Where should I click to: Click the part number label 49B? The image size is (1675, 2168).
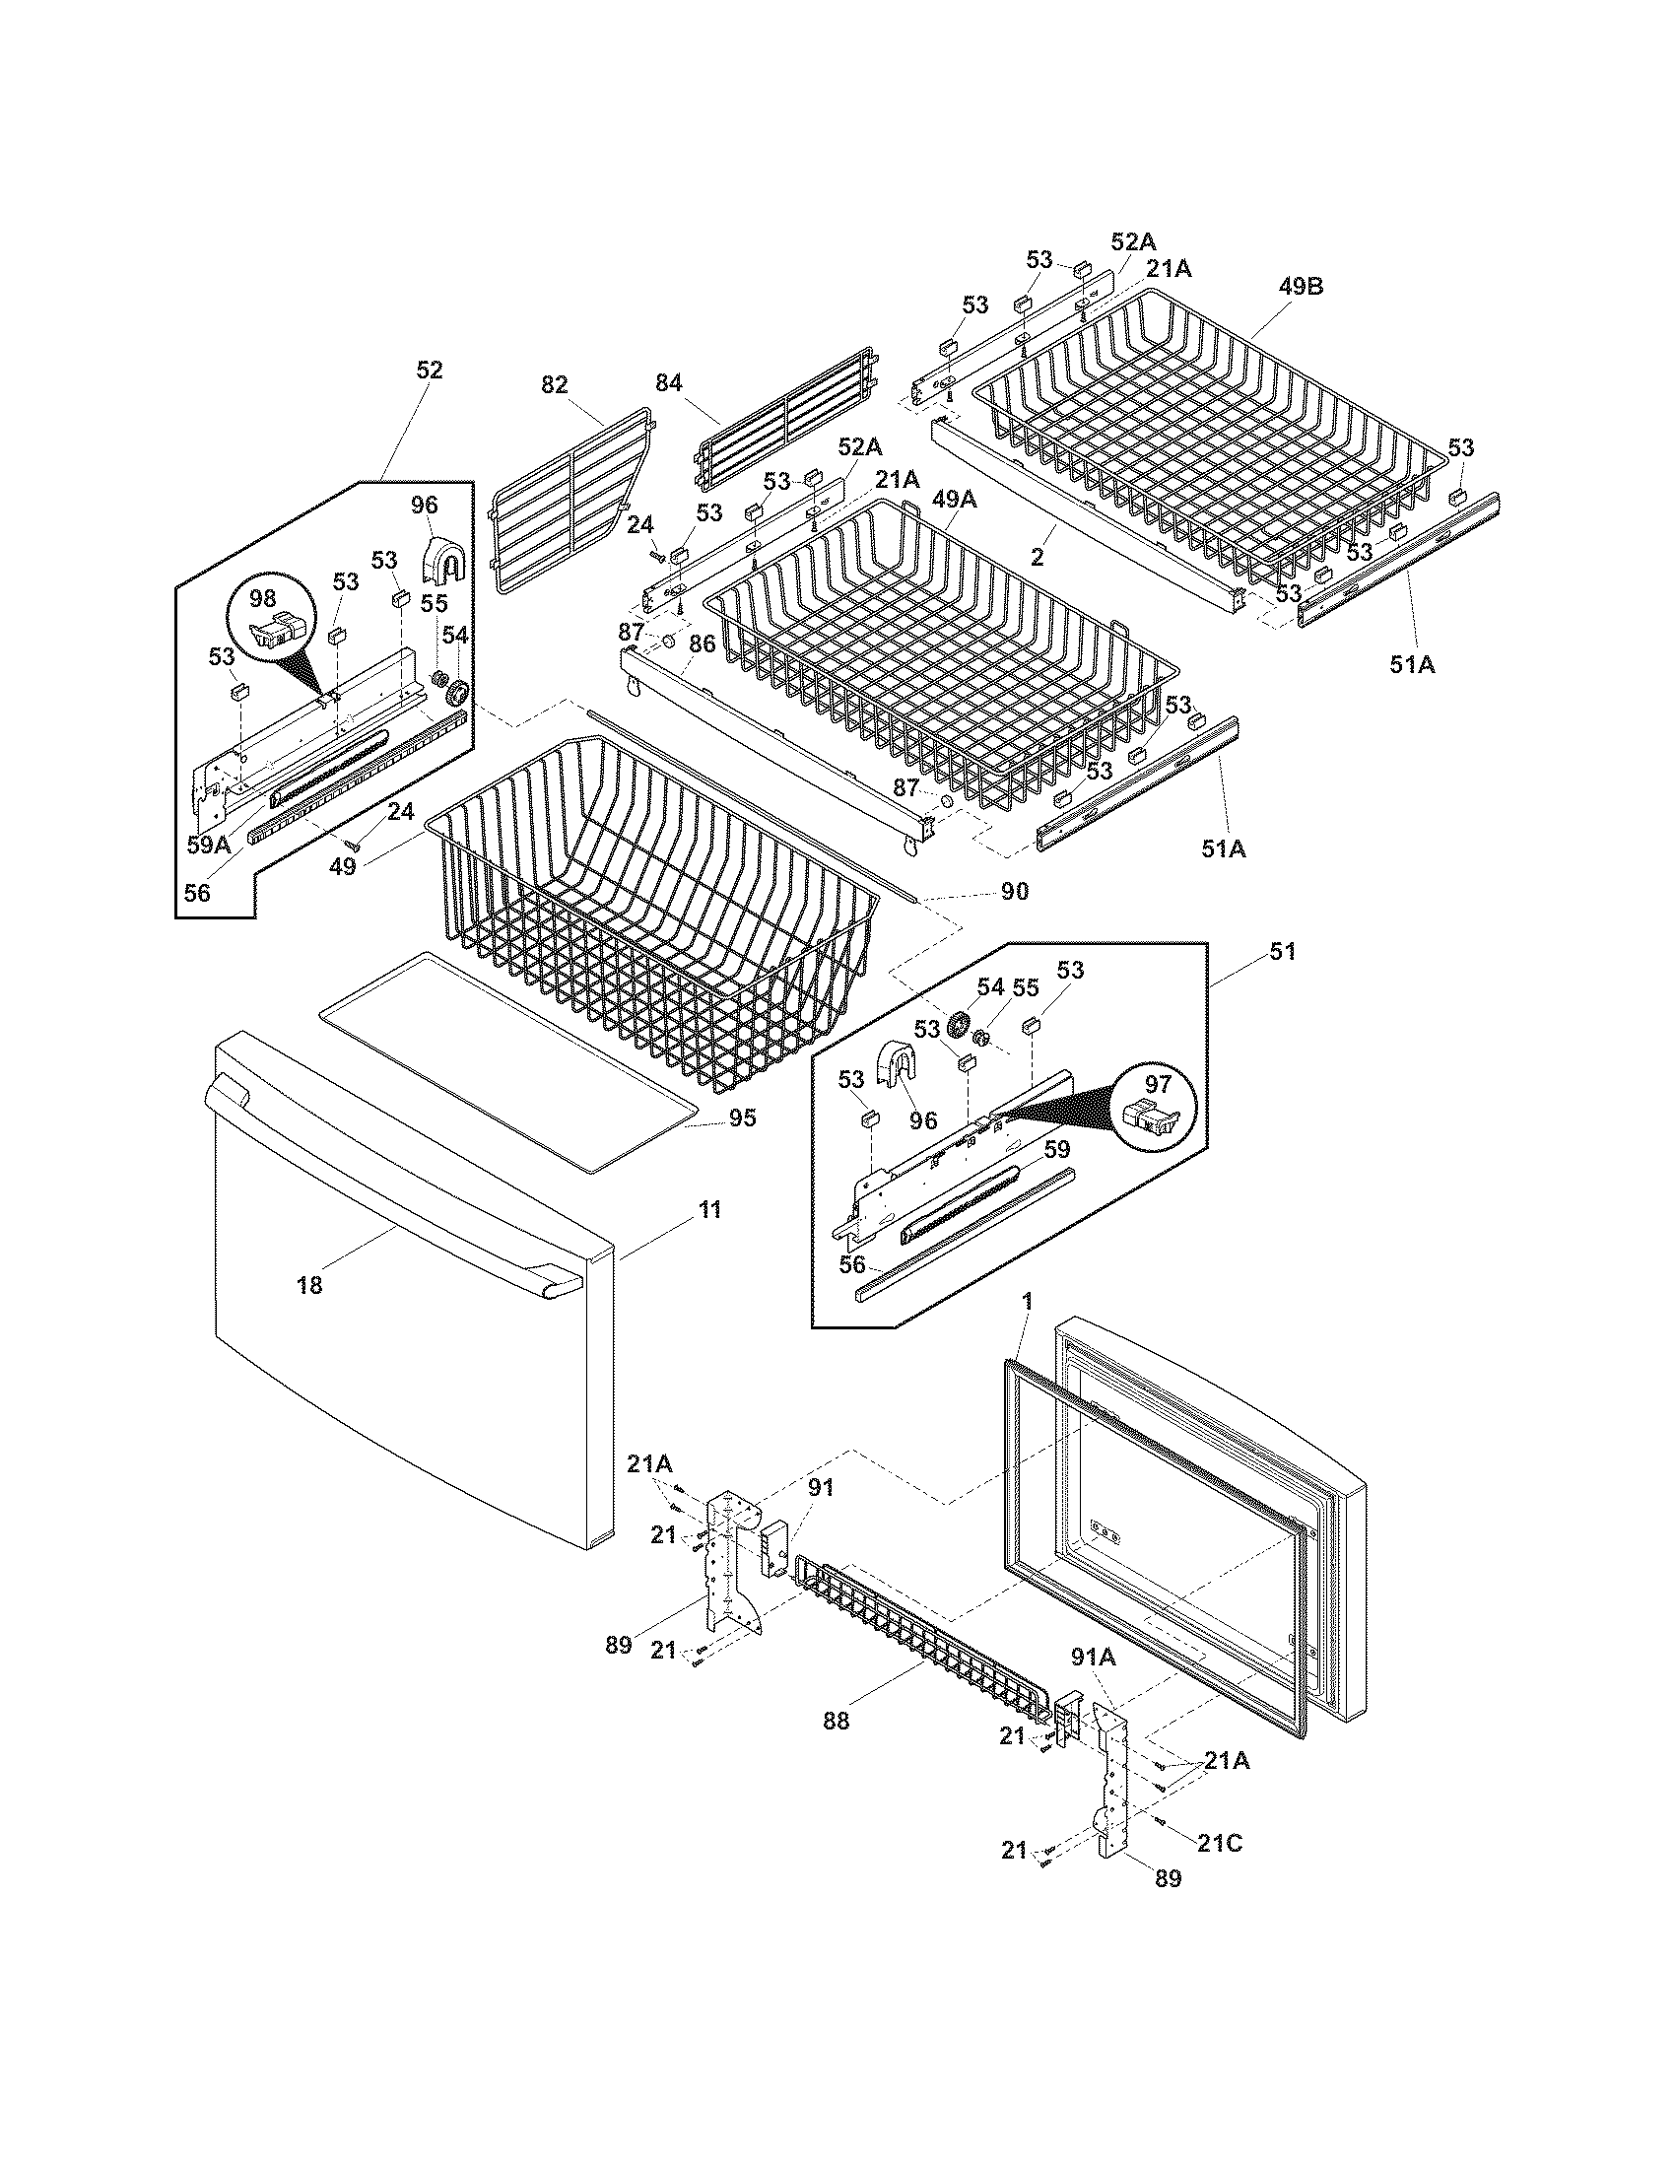click(1301, 286)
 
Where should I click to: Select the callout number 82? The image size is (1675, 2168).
click(555, 384)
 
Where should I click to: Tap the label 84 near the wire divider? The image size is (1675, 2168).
click(669, 382)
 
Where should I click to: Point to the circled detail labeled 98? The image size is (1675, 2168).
click(263, 598)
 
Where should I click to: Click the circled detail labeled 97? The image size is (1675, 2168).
click(1158, 1084)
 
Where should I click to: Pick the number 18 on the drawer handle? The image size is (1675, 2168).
click(309, 1285)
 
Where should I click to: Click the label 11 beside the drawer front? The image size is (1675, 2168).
click(709, 1209)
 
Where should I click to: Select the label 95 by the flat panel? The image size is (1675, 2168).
click(742, 1118)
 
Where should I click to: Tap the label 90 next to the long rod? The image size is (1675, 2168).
click(1014, 892)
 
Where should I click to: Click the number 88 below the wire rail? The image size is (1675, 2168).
click(837, 1722)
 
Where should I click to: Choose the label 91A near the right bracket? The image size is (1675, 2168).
click(1093, 1657)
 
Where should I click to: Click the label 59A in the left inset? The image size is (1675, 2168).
click(208, 845)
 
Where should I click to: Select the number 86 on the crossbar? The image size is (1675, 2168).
click(702, 644)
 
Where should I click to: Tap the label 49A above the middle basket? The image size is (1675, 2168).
click(953, 500)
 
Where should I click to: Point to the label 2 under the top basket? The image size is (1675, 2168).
click(1037, 557)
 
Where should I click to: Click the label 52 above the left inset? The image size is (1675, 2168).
click(429, 370)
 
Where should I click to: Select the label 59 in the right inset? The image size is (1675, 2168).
click(1057, 1149)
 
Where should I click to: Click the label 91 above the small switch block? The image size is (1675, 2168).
click(821, 1515)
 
